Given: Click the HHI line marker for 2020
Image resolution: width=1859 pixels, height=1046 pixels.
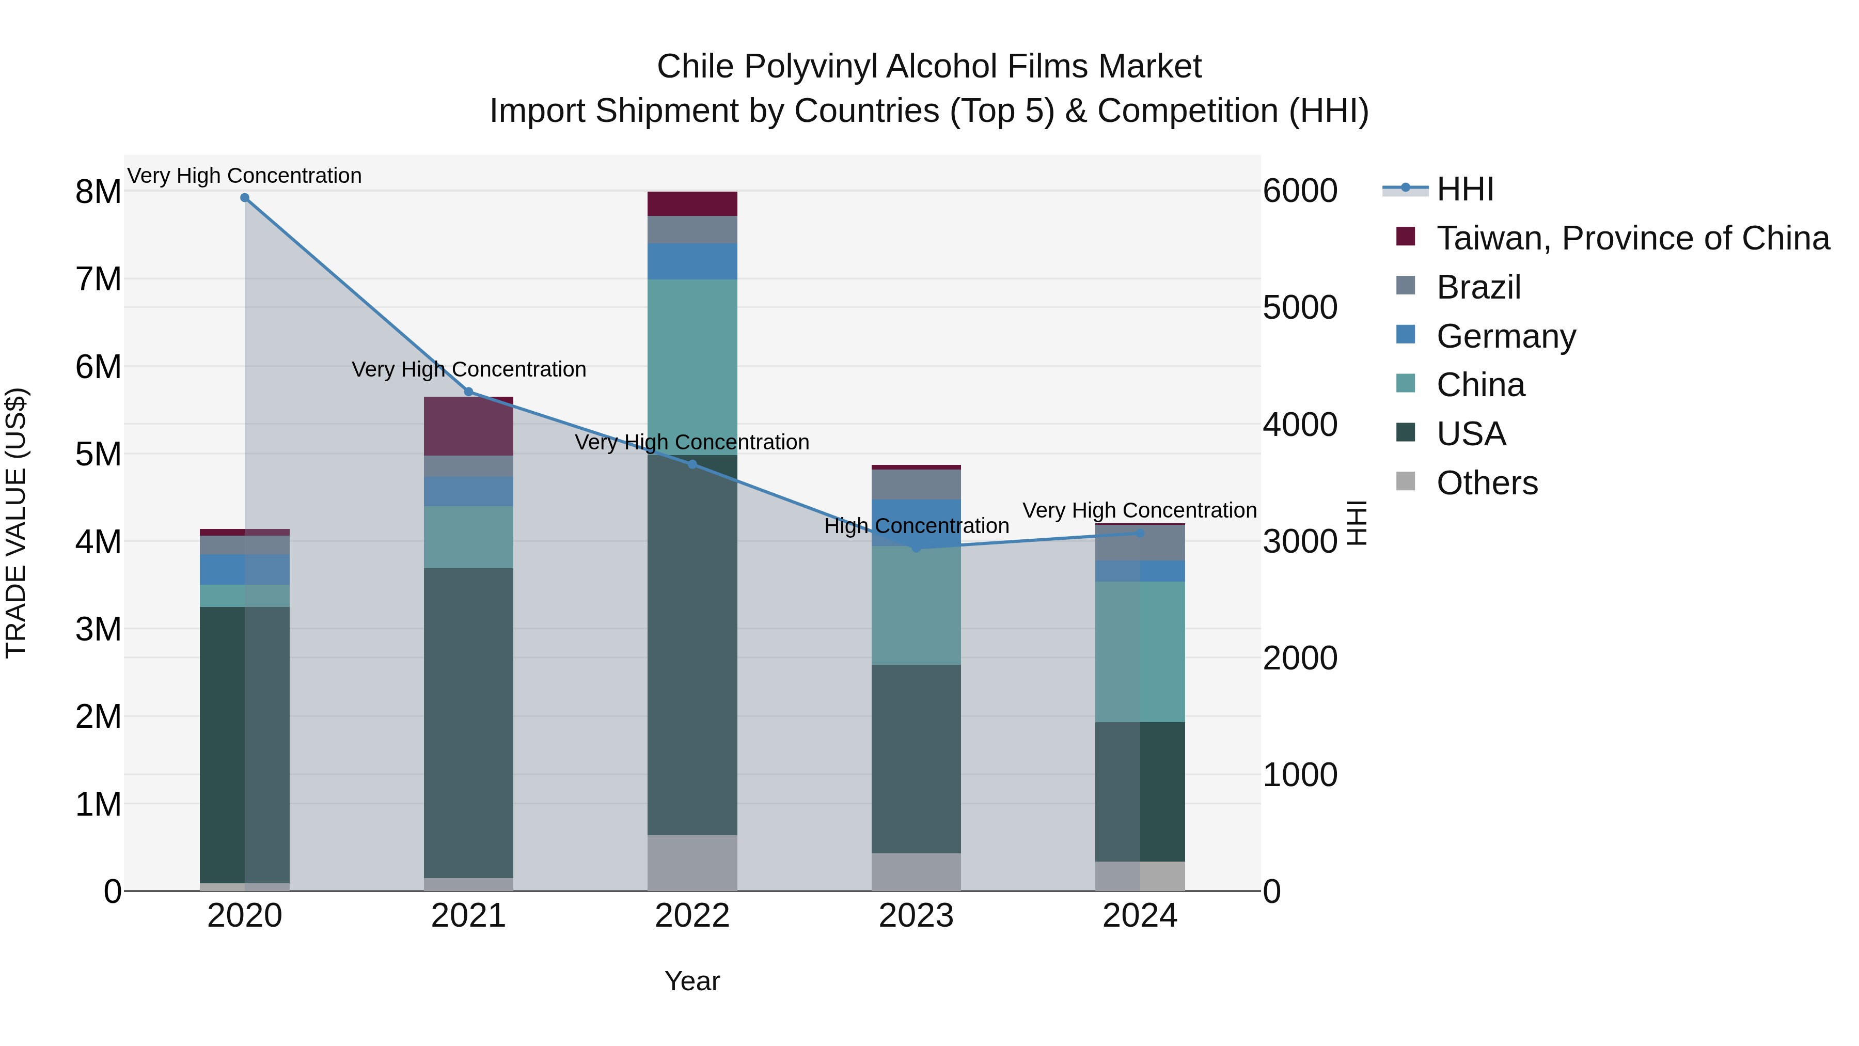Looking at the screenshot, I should (245, 198).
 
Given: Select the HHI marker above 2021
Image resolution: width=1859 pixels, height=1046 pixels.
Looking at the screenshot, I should (468, 392).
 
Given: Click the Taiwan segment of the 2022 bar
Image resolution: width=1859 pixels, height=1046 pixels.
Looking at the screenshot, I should (692, 204).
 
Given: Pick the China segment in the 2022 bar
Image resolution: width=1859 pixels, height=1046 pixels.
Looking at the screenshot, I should (692, 367).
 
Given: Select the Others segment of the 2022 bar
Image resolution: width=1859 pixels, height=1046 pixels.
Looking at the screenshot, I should (692, 863).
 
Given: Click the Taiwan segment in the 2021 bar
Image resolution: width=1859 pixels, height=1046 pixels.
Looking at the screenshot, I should (468, 426).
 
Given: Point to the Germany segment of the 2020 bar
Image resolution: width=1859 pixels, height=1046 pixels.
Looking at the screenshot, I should (245, 570).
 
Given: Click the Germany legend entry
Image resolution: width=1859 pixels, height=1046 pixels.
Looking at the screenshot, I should (1505, 336).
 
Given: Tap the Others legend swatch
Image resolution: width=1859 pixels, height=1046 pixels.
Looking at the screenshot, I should (1406, 481).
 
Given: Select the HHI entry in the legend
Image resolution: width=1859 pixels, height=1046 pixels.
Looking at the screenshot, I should (1464, 189).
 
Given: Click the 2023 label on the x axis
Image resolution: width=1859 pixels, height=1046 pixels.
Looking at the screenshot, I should (916, 916).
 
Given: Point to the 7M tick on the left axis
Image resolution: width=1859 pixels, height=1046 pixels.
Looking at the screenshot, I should (99, 279).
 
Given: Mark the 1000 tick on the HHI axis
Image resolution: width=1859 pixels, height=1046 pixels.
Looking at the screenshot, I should (1300, 775).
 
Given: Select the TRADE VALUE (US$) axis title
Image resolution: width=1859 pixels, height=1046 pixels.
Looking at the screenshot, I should (17, 523).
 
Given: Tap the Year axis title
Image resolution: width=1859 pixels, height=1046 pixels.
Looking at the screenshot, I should (692, 981).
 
